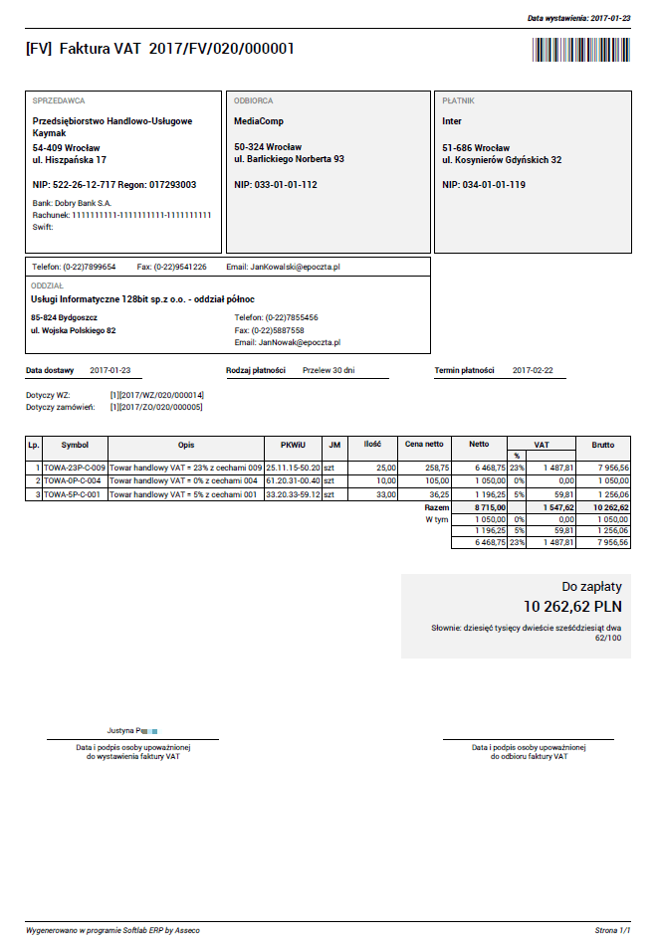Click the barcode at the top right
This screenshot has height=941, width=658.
coord(580,50)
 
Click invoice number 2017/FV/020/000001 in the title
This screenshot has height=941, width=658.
coord(221,50)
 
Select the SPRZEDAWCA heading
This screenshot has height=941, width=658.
coord(59,100)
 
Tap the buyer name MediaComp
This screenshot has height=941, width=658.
coord(259,121)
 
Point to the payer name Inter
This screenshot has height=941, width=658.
coord(452,121)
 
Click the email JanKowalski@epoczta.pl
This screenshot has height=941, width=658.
coord(296,268)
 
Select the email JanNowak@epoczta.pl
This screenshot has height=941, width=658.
coord(300,342)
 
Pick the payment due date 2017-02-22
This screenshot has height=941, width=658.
coord(533,370)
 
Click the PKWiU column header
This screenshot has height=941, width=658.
coord(293,445)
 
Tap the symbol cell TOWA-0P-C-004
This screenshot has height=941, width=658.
coord(74,480)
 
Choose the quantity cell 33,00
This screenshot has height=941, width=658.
coord(384,493)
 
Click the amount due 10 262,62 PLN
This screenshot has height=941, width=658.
coord(572,605)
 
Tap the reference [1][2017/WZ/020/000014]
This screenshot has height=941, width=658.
coord(156,396)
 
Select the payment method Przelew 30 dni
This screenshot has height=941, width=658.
coord(329,370)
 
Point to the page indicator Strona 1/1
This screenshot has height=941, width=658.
coord(612,929)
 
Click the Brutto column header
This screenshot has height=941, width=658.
coord(603,445)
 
